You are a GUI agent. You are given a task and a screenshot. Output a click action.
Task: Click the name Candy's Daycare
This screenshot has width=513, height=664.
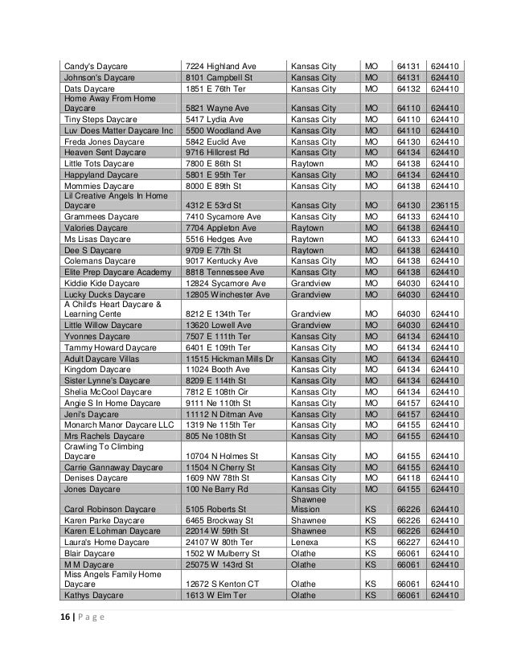coord(96,65)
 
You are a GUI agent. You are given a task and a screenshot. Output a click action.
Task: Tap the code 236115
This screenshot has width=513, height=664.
coord(445,204)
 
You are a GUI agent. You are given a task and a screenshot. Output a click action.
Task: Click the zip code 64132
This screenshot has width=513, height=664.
coord(408,88)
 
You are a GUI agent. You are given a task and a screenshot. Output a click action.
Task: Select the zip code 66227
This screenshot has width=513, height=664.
coord(408,542)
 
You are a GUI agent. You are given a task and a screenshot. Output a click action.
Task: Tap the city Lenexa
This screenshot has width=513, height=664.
coord(305,542)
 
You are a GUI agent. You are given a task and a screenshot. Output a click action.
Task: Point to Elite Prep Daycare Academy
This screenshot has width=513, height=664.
coord(117,273)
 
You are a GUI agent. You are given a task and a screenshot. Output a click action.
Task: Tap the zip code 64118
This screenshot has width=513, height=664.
coord(408,477)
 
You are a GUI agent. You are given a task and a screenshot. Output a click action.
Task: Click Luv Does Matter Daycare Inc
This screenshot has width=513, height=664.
coord(117,130)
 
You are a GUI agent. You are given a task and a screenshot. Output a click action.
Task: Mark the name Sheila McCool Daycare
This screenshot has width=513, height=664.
coord(109,391)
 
